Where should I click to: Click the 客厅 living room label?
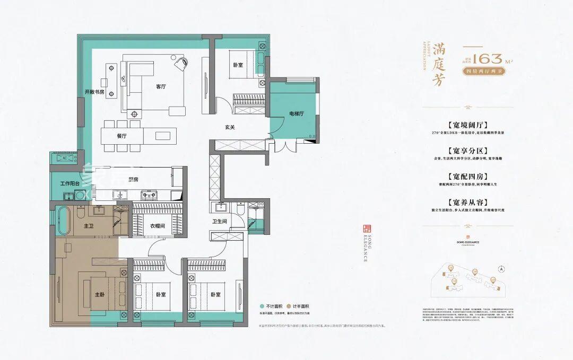[161, 86]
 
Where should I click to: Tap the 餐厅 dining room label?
[122, 136]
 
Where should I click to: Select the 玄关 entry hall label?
[229, 127]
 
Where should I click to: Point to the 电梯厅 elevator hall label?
[296, 113]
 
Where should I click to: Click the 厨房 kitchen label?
[132, 179]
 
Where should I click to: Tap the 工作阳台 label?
[70, 183]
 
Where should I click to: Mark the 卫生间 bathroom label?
[220, 222]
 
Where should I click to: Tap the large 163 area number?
[488, 58]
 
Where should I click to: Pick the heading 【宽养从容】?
[467, 203]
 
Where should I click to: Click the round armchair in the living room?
[181, 63]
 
